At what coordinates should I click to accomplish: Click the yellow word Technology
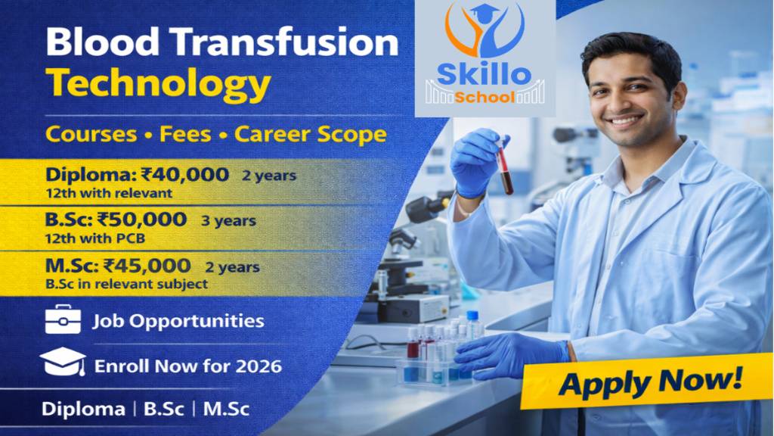pyautogui.click(x=158, y=84)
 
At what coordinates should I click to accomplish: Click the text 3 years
pyautogui.click(x=228, y=222)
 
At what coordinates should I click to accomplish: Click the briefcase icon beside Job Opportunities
pyautogui.click(x=63, y=319)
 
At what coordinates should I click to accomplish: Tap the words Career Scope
pyautogui.click(x=310, y=135)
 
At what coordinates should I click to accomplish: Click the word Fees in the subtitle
pyautogui.click(x=186, y=135)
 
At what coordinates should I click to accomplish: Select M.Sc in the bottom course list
pyautogui.click(x=226, y=410)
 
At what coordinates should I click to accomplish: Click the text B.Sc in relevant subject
pyautogui.click(x=126, y=285)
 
